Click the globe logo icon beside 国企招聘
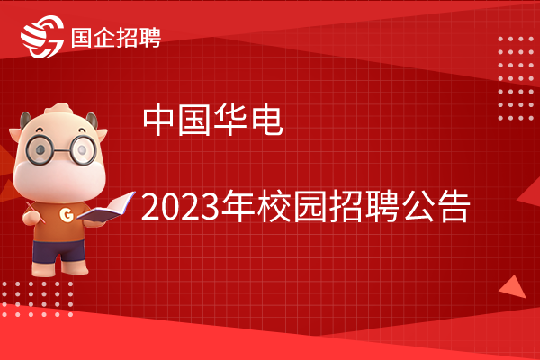click(x=42, y=37)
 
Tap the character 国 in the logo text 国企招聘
click(x=82, y=37)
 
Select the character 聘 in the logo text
click(x=149, y=37)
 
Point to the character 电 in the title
click(x=267, y=120)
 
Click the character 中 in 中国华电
click(x=158, y=120)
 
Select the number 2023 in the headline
click(x=180, y=207)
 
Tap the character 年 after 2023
click(x=238, y=206)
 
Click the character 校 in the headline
click(x=274, y=206)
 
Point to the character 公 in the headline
click(x=418, y=206)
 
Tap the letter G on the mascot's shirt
click(x=67, y=214)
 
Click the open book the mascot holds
click(x=106, y=208)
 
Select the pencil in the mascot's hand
click(x=35, y=212)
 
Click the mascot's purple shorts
click(x=58, y=251)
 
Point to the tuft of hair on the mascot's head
click(x=58, y=109)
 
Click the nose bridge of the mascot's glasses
click(x=61, y=150)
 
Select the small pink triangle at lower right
click(x=513, y=288)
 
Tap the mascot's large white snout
click(x=59, y=178)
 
